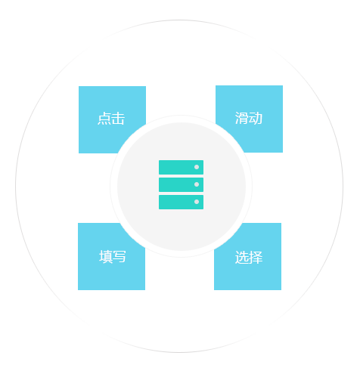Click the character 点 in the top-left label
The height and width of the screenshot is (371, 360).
104,119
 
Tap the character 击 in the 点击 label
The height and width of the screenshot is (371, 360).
118,119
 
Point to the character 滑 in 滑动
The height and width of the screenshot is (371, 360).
241,118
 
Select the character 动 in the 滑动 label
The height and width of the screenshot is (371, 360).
256,118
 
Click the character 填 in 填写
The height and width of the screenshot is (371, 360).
106,257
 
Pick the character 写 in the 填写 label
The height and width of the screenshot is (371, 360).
119,257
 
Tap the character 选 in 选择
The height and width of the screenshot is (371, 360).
241,257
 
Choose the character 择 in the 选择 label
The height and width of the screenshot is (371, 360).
256,257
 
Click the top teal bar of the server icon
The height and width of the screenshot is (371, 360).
181,167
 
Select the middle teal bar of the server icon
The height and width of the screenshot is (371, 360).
181,184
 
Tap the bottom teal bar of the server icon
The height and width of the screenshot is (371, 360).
181,202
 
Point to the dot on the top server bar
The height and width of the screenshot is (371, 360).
197,167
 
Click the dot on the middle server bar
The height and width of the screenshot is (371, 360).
197,184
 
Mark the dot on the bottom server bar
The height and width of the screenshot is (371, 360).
197,202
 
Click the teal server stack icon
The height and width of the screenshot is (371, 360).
181,184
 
